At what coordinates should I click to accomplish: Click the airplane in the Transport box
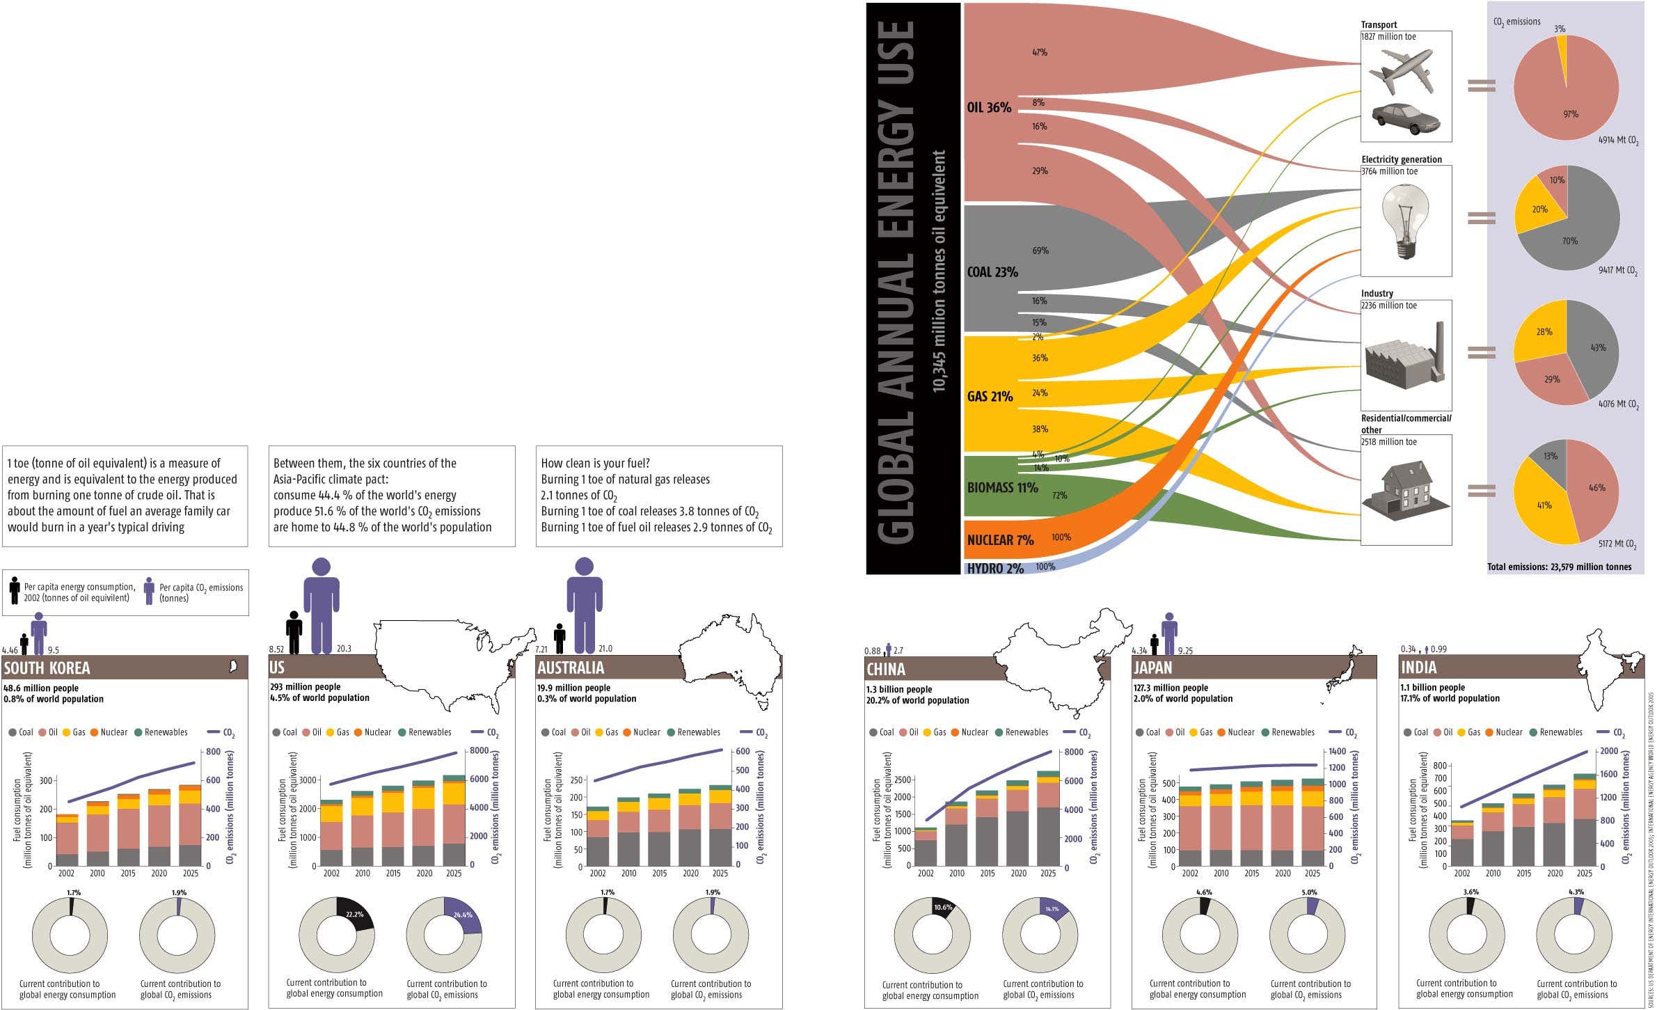pos(1401,71)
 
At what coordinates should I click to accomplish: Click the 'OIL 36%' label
pos(988,108)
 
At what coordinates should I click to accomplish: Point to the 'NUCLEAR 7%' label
pos(1000,540)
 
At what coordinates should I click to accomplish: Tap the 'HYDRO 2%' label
pos(994,569)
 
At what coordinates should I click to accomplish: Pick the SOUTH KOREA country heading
pos(47,668)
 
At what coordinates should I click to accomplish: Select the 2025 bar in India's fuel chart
pos(1585,821)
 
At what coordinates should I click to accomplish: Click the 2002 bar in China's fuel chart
pos(926,848)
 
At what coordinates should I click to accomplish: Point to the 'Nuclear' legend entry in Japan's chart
pos(1235,732)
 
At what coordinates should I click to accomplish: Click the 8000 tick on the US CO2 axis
pos(479,751)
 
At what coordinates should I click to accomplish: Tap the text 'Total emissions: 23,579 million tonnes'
pos(1559,567)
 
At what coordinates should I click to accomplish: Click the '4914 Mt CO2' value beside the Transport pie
pos(1618,140)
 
